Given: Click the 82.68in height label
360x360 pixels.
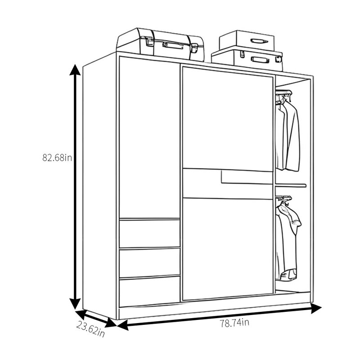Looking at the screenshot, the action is [57, 158].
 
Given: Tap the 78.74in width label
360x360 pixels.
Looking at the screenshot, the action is [234, 323].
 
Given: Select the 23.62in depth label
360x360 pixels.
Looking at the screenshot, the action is [90, 329].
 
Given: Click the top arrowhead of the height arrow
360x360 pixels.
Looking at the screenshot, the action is [75, 70].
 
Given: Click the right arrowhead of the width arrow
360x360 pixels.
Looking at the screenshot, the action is [316, 308].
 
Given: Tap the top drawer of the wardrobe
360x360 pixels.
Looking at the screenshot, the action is [149, 233].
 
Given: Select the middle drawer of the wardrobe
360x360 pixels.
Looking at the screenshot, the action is [149, 262].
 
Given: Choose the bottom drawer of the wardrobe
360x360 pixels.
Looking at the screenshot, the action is [149, 292].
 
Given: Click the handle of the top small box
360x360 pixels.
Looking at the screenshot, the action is [259, 41].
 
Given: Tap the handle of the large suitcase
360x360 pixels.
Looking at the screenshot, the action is [173, 45].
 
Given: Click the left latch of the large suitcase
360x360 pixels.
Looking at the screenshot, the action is [149, 41].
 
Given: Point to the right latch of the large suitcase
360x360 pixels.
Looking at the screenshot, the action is [194, 48].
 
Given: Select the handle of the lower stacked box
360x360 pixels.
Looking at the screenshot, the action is [260, 60].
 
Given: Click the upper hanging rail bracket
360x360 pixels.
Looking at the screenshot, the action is [284, 92].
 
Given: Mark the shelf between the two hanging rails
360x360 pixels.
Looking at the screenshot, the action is [291, 185].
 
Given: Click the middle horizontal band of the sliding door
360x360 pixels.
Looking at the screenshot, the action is [228, 184].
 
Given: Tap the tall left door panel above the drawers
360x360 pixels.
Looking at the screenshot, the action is [149, 138].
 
